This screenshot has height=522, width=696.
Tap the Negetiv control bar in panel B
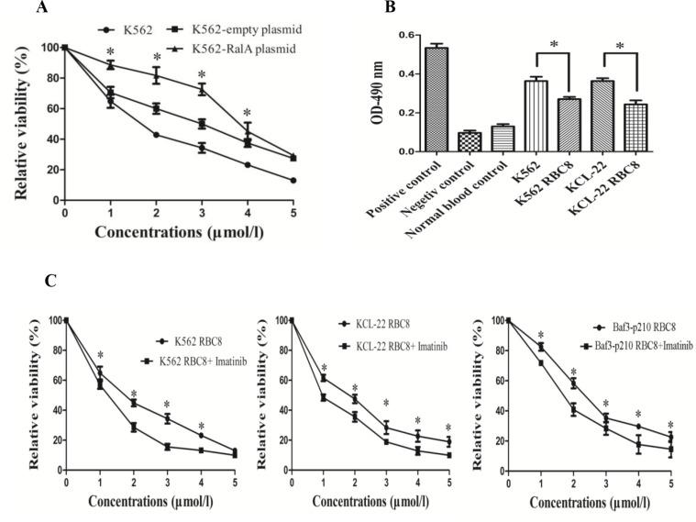(469, 141)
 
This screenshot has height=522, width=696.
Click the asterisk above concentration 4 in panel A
(245, 114)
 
